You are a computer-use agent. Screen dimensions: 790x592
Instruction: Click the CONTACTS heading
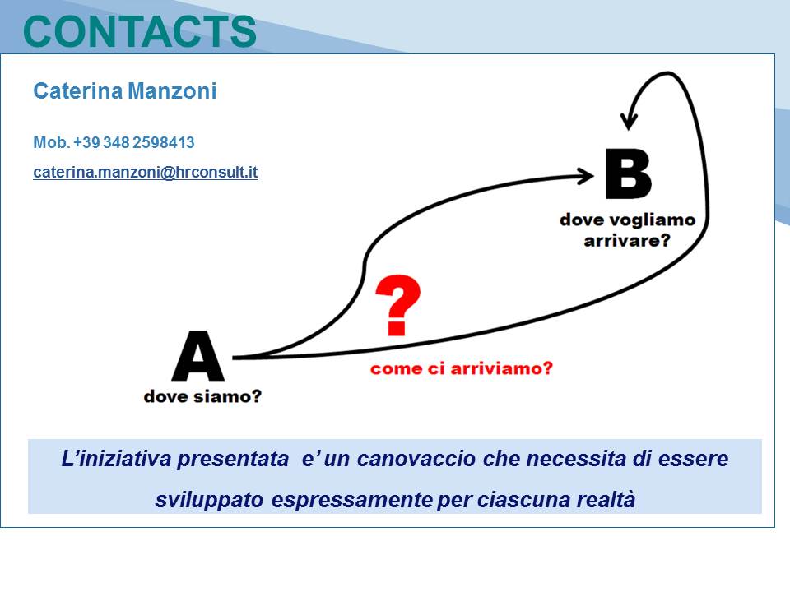140,31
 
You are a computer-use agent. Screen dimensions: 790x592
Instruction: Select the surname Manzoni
172,91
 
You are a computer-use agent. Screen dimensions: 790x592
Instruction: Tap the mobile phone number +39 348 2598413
134,142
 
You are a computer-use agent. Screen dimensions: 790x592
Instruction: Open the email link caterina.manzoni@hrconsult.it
145,172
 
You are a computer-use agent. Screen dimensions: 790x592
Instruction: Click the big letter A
198,355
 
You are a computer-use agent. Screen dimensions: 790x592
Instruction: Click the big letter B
628,173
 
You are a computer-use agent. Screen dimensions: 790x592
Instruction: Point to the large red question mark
397,305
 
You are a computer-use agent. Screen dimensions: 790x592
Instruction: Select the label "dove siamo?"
202,396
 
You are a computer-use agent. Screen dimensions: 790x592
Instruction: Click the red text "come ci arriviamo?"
461,368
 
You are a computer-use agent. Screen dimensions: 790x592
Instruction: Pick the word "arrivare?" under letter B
627,241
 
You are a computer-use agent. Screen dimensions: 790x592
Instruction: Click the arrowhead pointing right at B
586,176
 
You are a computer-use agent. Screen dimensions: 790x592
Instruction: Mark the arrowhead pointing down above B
629,121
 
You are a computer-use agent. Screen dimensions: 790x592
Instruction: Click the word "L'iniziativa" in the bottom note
118,459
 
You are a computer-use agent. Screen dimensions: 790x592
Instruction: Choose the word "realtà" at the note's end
606,500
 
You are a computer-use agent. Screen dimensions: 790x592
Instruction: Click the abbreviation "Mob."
51,142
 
